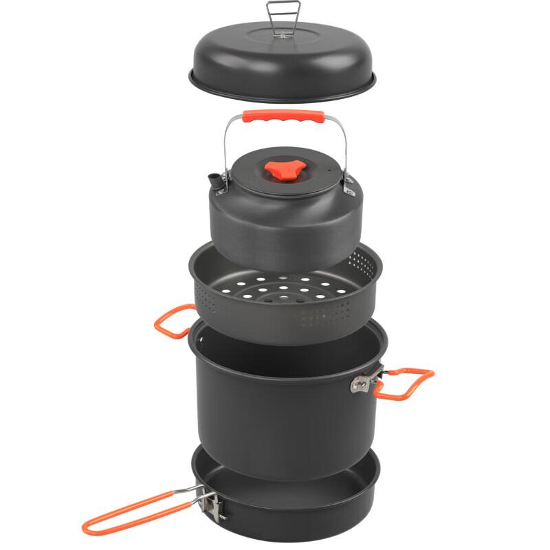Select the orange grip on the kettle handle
tap(283, 117)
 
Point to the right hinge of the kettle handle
tap(348, 182)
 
